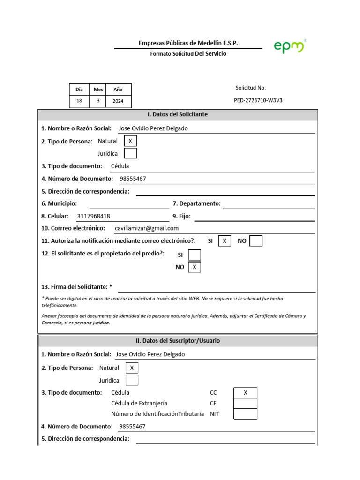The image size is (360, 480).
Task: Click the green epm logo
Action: [289, 46]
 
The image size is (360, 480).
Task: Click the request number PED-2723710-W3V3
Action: [258, 100]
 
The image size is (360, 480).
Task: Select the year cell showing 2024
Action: [118, 101]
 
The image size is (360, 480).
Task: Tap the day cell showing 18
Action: [79, 101]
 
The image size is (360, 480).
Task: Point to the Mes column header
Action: [98, 89]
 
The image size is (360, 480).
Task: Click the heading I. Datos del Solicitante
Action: [178, 114]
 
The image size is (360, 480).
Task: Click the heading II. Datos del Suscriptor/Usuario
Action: [178, 341]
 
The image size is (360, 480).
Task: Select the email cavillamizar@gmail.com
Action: [146, 228]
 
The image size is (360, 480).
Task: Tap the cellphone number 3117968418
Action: [94, 216]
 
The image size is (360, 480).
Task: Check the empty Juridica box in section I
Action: [130, 153]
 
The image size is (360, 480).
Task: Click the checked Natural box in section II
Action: [132, 368]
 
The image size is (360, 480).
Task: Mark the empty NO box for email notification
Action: [256, 241]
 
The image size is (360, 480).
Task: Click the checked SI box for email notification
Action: [225, 241]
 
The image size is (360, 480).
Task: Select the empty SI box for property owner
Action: [194, 255]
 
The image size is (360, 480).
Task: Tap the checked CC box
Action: [245, 393]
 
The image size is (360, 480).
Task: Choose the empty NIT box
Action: [245, 414]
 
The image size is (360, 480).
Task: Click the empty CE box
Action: [245, 403]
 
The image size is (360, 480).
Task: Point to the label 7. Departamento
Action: [196, 203]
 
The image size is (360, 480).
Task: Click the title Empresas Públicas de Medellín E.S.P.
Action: [188, 43]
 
